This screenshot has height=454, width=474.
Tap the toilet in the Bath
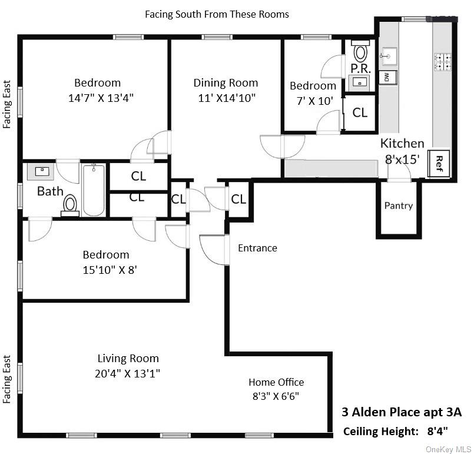point(70,204)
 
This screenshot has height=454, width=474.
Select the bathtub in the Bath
point(94,190)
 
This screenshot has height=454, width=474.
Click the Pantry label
point(399,206)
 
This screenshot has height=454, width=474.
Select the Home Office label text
point(276,382)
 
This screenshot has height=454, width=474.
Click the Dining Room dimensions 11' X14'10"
point(227,97)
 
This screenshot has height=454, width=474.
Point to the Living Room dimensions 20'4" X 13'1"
point(128,373)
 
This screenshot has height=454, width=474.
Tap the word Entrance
point(257,248)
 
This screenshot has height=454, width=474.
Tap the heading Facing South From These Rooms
point(217,14)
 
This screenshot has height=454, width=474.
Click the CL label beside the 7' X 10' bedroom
point(360,112)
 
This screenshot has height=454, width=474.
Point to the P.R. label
point(360,68)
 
